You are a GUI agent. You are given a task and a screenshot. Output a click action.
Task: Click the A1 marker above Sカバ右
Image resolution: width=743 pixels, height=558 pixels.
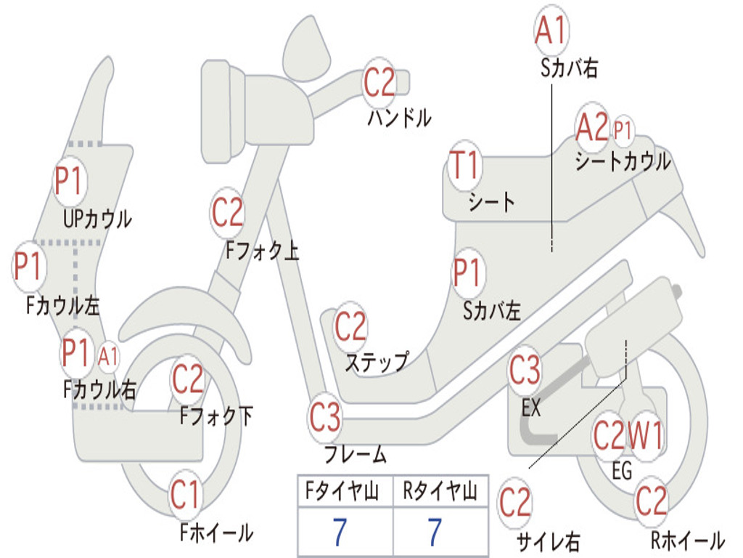[551, 30]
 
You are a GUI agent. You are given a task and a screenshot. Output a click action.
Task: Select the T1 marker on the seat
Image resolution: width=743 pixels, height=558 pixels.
[465, 165]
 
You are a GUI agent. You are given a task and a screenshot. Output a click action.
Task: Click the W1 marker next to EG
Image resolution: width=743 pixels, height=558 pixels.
[644, 435]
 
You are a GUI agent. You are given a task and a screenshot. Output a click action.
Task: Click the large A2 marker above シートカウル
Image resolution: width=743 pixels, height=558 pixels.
[592, 126]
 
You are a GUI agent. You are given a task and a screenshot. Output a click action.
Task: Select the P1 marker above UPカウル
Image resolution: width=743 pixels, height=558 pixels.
[69, 181]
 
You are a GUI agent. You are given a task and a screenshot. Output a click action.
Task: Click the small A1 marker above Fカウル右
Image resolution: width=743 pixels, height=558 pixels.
[108, 356]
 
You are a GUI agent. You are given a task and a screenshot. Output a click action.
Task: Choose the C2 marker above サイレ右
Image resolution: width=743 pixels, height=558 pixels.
[515, 503]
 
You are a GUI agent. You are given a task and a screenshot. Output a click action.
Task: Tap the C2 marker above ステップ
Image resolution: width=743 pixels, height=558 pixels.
[350, 326]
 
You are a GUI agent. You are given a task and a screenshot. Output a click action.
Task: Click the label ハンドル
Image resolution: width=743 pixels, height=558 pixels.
[400, 117]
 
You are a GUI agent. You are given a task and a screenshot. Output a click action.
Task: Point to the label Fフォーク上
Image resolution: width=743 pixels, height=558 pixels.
[262, 250]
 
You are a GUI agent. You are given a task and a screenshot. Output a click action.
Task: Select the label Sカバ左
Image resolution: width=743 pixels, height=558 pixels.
[492, 311]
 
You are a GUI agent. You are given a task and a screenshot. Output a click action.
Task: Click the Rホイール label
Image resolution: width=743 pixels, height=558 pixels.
[688, 540]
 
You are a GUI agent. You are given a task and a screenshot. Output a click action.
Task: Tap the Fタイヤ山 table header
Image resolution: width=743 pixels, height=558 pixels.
[342, 490]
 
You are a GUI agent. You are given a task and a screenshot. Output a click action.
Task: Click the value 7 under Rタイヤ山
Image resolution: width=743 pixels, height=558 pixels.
[435, 532]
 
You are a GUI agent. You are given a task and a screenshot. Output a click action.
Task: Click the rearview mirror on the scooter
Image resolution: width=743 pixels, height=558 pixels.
[306, 50]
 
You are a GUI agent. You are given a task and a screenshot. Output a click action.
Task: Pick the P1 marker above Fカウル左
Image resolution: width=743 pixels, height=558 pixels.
[29, 266]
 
